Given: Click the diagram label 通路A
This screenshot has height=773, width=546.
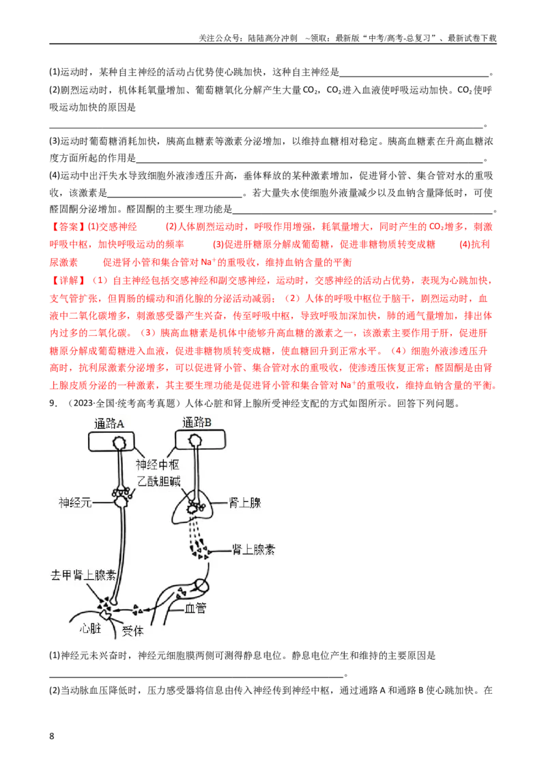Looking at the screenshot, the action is pos(109,423).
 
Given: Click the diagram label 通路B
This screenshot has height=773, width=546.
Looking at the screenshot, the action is pos(197,422).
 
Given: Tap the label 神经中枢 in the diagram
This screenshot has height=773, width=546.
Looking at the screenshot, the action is pos(157,464).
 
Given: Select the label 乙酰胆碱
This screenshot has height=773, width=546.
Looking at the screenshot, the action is pos(158,481).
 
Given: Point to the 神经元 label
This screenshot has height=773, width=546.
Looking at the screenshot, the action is pos(75,503).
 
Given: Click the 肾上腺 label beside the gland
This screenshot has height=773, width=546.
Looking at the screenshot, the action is pos(245,503).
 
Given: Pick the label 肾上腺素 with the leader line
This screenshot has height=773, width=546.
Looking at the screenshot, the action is pos(253,549).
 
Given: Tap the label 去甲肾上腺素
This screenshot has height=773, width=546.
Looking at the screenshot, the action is pos(83,575).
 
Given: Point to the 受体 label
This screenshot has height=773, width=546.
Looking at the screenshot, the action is pos(132,630).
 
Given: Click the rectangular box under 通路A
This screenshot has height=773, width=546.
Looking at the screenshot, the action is pos(111,442).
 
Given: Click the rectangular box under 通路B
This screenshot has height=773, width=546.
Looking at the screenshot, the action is pos(201,439).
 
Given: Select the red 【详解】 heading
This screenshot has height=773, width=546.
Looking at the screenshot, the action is pos(69,281).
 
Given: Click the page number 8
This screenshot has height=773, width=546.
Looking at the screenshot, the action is pos(52,736).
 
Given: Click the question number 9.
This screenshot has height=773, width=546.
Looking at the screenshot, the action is pos(53,404).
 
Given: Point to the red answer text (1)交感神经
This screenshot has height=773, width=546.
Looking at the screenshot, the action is pos(112,227).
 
